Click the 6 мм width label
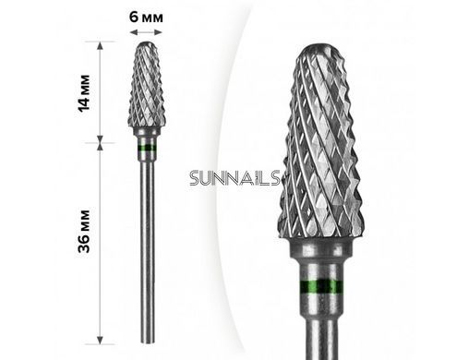146,17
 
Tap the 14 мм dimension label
84,93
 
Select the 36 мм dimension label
84,231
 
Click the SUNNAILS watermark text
234,178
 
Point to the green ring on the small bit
147,148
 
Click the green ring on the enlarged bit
320,286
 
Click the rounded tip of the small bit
147,44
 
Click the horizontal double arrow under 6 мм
146,32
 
